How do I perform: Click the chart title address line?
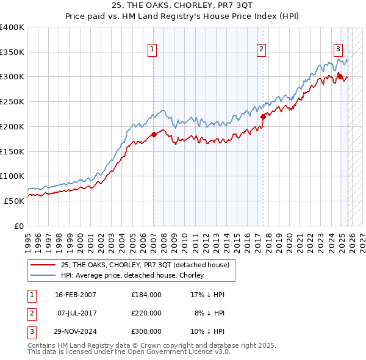tap(183, 5)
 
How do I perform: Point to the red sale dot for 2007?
tap(154, 134)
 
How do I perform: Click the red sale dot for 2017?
tap(263, 117)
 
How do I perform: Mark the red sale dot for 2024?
tap(340, 76)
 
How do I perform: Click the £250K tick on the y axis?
tap(12, 101)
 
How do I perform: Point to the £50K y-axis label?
tap(14, 201)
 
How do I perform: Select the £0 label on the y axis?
tap(19, 226)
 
